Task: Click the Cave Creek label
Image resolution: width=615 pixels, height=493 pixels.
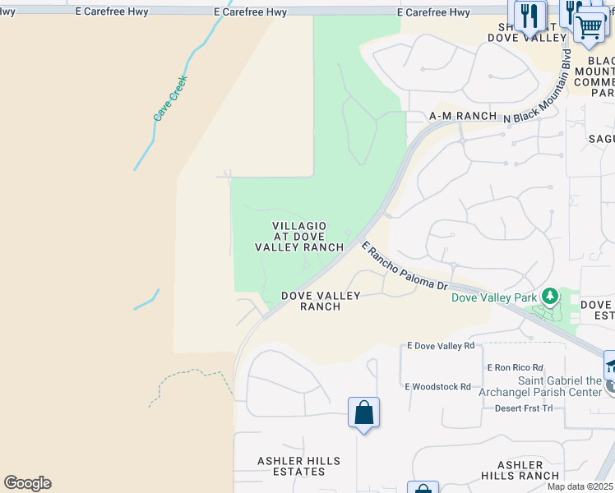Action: (x=171, y=99)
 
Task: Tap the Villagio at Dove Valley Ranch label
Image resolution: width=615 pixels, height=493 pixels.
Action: (x=299, y=237)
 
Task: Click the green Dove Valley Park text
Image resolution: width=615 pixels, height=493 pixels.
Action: (x=493, y=297)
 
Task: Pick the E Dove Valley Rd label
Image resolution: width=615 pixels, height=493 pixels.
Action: (x=441, y=347)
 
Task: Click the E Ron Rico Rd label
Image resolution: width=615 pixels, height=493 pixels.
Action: (x=515, y=367)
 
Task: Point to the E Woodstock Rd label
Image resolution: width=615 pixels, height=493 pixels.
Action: (x=437, y=386)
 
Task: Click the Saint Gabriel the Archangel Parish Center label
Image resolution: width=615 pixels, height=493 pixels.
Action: (x=559, y=386)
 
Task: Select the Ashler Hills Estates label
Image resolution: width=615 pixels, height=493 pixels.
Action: (x=291, y=466)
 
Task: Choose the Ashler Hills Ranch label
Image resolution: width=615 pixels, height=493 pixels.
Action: (x=520, y=470)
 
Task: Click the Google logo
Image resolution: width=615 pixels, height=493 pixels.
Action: (x=27, y=483)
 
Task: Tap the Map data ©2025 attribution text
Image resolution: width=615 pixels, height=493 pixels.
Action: (x=579, y=486)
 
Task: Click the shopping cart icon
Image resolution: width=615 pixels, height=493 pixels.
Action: (x=590, y=26)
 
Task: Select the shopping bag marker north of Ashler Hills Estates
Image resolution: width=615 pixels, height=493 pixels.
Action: (x=363, y=412)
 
